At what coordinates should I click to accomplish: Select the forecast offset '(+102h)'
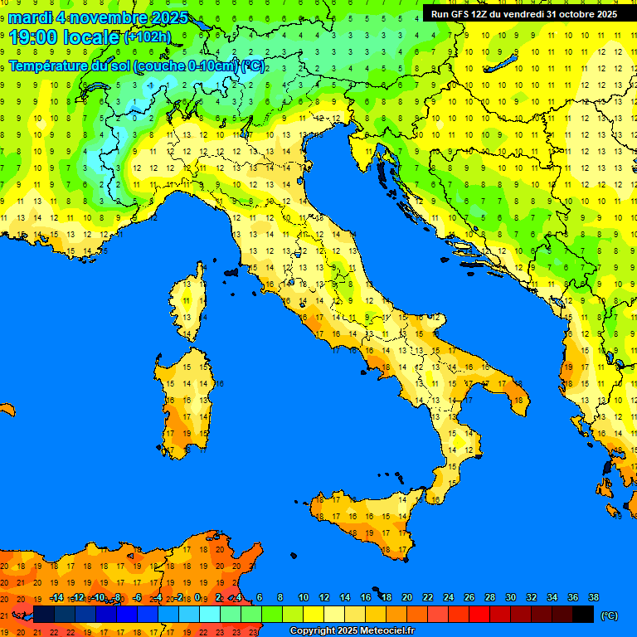[147, 37]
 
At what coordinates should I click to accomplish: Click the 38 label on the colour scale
[593, 597]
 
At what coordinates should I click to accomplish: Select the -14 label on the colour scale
[56, 597]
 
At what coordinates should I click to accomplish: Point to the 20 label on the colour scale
[406, 597]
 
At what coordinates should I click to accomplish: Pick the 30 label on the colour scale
[510, 597]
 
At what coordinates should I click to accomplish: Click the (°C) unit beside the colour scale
[609, 615]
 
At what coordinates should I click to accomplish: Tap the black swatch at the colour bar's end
[583, 615]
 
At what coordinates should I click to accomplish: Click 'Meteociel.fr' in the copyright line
[382, 631]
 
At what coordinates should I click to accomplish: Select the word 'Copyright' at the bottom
[313, 631]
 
